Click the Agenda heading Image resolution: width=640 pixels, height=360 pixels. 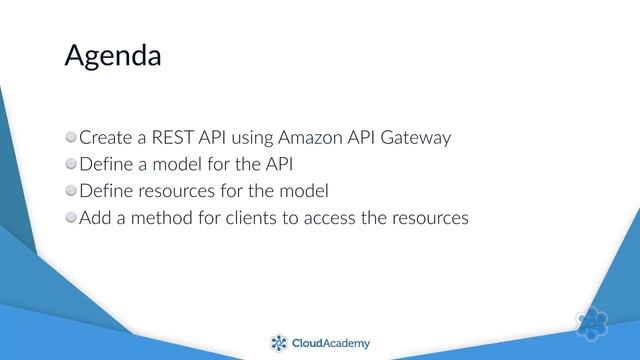pyautogui.click(x=112, y=55)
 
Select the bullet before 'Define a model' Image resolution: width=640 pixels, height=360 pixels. pyautogui.click(x=70, y=162)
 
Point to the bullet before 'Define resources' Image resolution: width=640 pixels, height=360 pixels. pyautogui.click(x=70, y=189)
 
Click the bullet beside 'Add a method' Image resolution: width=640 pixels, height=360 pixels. pyautogui.click(x=70, y=216)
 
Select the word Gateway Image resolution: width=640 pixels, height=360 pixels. pyautogui.click(x=417, y=137)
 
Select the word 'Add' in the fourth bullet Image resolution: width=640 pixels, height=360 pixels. pyautogui.click(x=96, y=217)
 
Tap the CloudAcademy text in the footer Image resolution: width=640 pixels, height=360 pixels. pyautogui.click(x=330, y=344)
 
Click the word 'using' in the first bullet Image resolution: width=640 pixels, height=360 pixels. pyautogui.click(x=243, y=137)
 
